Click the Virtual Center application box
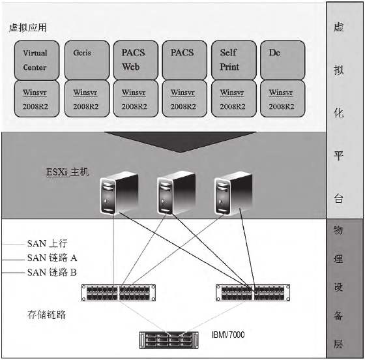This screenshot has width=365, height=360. click(35, 59)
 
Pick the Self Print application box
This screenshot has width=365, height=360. click(232, 59)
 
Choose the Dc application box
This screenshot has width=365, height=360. click(281, 59)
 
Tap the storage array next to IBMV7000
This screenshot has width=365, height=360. click(173, 339)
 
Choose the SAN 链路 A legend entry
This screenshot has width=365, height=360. click(55, 258)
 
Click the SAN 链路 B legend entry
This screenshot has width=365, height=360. click(55, 272)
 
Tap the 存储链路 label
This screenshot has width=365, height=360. click(46, 315)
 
